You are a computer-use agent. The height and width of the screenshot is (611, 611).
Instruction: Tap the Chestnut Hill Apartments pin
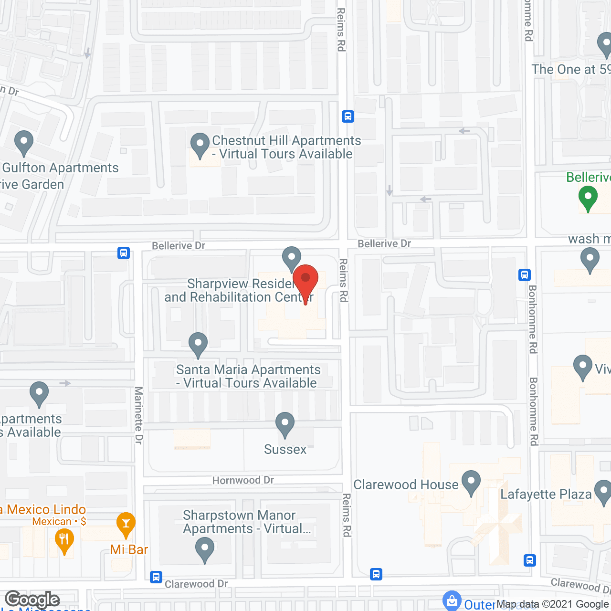[x=200, y=144]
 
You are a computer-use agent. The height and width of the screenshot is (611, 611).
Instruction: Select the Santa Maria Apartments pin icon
[x=198, y=344]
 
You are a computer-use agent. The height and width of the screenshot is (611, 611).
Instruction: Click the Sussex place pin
[x=285, y=424]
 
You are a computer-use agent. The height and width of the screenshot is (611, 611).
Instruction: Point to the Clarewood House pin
[x=471, y=482]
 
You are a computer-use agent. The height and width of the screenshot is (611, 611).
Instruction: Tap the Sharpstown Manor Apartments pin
[x=205, y=548]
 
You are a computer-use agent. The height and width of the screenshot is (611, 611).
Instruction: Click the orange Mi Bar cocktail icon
[x=126, y=525]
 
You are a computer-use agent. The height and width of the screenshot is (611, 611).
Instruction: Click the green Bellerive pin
[x=588, y=197]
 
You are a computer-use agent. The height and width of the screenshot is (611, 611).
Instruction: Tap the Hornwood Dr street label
[x=243, y=480]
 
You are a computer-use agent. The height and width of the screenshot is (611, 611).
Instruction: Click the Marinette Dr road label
[x=138, y=415]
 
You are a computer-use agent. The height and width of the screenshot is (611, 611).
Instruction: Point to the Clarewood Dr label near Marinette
[x=196, y=584]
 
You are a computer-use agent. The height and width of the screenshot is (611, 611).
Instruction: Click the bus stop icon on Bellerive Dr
[x=124, y=253]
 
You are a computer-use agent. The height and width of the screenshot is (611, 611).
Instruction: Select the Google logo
[x=32, y=600]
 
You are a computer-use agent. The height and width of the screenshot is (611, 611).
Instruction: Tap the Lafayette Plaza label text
[x=546, y=495]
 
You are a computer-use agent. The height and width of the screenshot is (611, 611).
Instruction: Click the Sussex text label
[x=285, y=450]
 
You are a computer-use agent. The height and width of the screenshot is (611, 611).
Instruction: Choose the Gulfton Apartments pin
[x=24, y=142]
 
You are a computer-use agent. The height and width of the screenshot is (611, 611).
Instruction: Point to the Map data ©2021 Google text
[x=553, y=604]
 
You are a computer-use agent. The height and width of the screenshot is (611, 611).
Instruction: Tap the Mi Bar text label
[x=129, y=550]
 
